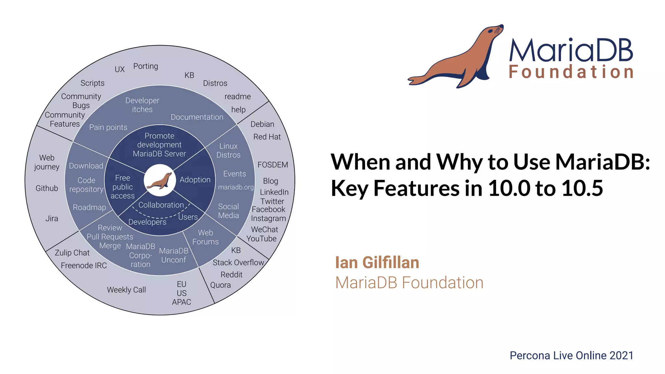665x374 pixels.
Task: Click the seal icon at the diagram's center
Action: [159, 181]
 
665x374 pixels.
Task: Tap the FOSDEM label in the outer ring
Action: [272, 165]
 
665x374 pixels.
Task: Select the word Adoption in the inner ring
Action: [195, 180]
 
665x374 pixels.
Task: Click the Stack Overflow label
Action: [238, 262]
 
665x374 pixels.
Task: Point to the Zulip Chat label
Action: [72, 253]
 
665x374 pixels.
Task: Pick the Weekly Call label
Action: [126, 290]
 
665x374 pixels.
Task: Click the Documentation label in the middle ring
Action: [197, 117]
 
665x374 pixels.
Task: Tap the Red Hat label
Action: [267, 137]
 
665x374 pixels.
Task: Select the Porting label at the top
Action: [145, 66]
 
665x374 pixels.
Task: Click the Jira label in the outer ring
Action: [52, 218]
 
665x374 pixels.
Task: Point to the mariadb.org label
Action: [236, 187]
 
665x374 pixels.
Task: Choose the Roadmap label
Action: [89, 207]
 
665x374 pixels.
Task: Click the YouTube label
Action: [261, 239]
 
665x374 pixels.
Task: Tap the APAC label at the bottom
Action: [181, 302]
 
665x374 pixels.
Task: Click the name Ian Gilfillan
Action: [377, 262]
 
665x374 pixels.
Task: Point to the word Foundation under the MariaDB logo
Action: [571, 72]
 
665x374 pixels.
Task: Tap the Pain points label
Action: [108, 127]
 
